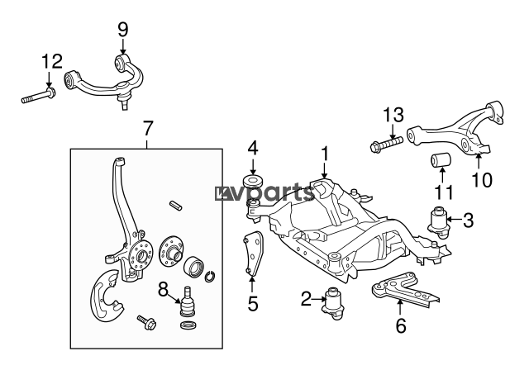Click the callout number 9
pyautogui.click(x=123, y=30)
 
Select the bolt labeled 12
pyautogui.click(x=39, y=96)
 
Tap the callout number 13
pyautogui.click(x=393, y=115)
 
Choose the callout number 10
pyautogui.click(x=482, y=180)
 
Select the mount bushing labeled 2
pyautogui.click(x=334, y=302)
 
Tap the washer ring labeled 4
pyautogui.click(x=253, y=181)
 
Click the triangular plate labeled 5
pyautogui.click(x=254, y=254)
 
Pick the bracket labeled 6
pyautogui.click(x=405, y=290)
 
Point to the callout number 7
pyautogui.click(x=147, y=128)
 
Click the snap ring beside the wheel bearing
pyautogui.click(x=210, y=276)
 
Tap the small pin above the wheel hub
pyautogui.click(x=175, y=206)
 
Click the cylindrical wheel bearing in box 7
pyautogui.click(x=194, y=265)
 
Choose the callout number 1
pyautogui.click(x=325, y=154)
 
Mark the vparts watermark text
pyautogui.click(x=264, y=192)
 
